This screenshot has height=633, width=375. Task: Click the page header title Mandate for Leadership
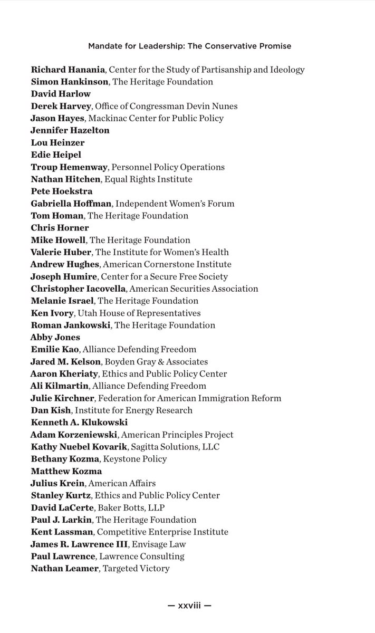(x=189, y=46)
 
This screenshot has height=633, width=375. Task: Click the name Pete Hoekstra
(x=61, y=191)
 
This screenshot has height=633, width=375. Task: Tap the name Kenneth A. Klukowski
(x=79, y=422)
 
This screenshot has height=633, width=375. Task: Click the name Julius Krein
(x=57, y=483)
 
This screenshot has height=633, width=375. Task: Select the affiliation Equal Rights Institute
(x=148, y=179)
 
